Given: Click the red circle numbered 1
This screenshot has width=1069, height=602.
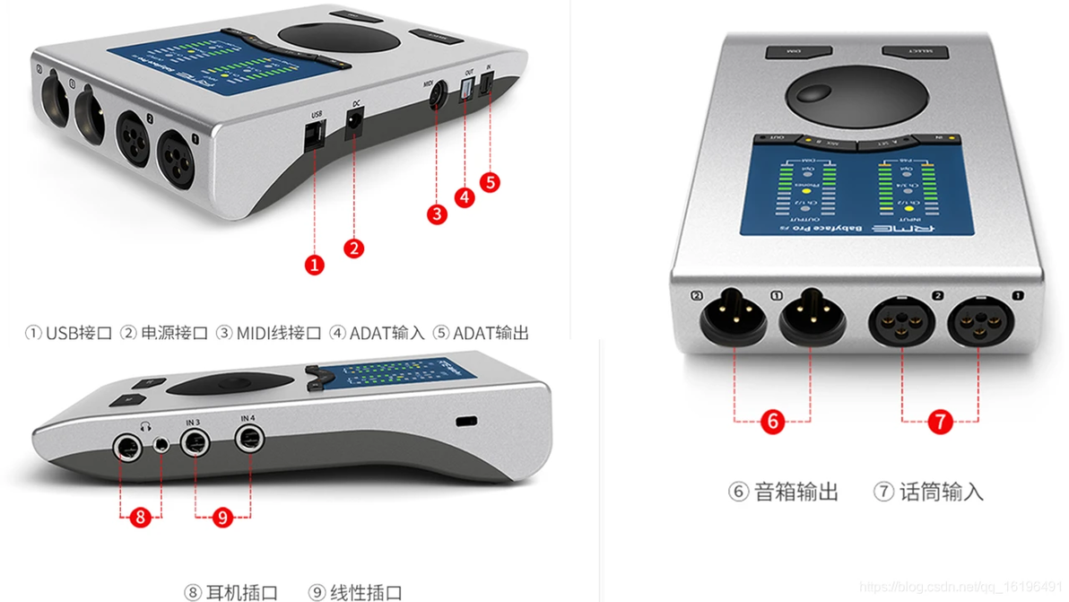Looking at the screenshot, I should [x=314, y=264].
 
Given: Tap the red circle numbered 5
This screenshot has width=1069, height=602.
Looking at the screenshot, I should [x=489, y=181].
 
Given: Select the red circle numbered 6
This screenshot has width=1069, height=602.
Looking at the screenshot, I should [x=772, y=421].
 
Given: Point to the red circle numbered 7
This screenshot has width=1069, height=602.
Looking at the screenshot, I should [x=939, y=421].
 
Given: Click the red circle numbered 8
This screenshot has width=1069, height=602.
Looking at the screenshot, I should [x=140, y=517].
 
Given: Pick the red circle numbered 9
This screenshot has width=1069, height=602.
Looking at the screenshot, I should [x=222, y=517].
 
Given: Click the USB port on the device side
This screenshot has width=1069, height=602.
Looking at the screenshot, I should [x=314, y=136].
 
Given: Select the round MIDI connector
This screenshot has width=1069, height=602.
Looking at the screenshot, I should [x=437, y=97].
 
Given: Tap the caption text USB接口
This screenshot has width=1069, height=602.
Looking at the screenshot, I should [x=78, y=333].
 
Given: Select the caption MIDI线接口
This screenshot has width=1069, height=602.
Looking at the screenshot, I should [x=278, y=333].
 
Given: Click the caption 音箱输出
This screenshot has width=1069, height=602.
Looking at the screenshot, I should [x=795, y=492].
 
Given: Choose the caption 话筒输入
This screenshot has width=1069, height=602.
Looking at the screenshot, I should [x=941, y=492].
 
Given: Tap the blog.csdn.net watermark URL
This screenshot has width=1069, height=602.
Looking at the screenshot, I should [x=960, y=586].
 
